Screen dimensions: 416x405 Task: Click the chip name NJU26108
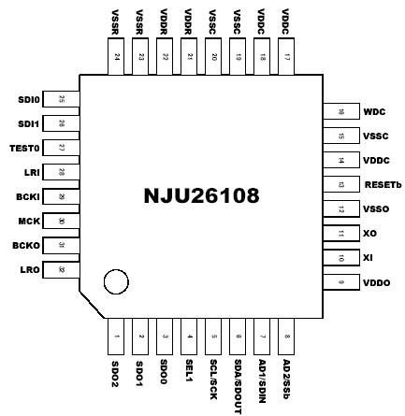coord(201,196)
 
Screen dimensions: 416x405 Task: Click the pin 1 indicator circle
coord(116,281)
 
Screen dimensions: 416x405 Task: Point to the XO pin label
coord(369,233)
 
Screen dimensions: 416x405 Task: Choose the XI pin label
coord(369,257)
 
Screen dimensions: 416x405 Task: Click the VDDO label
coord(376,282)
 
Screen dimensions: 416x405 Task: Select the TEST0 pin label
coord(25,148)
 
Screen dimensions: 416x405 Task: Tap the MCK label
coord(28,222)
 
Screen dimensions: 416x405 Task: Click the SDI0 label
coord(29,99)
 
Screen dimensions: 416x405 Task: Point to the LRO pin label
coord(30,270)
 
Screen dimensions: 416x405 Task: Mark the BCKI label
coord(27,197)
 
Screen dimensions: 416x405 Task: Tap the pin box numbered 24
coord(116,57)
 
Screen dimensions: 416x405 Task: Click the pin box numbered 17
coord(286,57)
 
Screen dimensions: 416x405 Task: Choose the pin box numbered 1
coord(116,336)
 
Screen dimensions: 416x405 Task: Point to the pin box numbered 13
coord(341,184)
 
